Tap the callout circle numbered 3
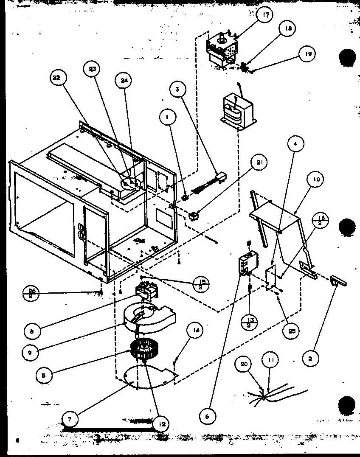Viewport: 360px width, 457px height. coord(176,90)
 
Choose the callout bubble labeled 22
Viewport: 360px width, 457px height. coord(57,77)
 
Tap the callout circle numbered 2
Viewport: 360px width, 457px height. coord(310,359)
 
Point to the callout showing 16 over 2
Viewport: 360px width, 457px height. coord(322,221)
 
